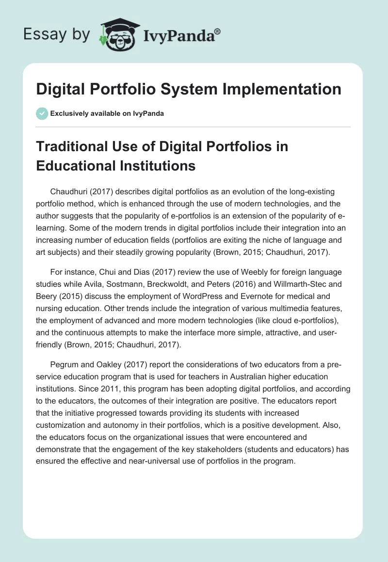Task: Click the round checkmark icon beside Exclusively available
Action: [x=42, y=113]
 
